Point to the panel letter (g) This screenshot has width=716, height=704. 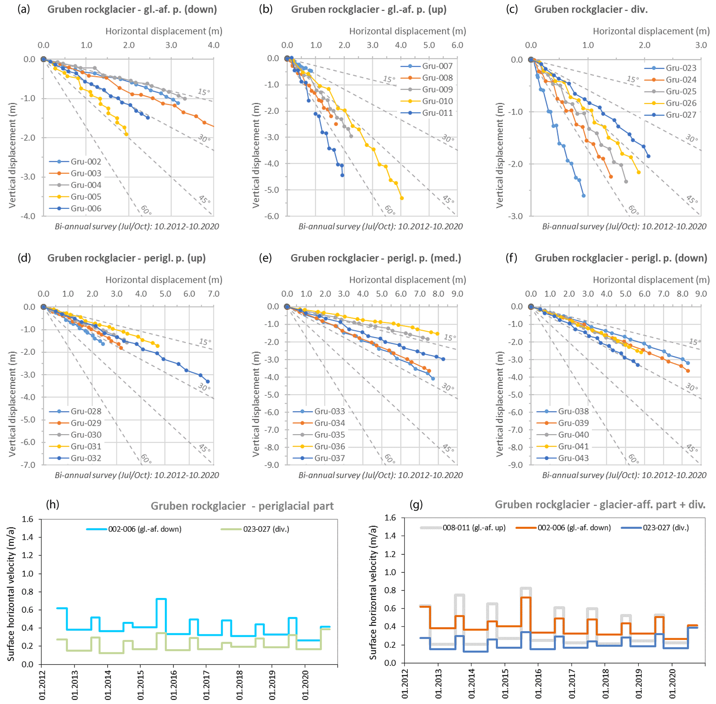point(416,505)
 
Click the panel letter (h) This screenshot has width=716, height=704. point(53,505)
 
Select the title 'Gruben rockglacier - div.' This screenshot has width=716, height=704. point(591,10)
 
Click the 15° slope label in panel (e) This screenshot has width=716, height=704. point(450,337)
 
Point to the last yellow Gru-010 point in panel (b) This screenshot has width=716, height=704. point(402,198)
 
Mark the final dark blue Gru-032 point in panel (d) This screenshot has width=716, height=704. point(208,381)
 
